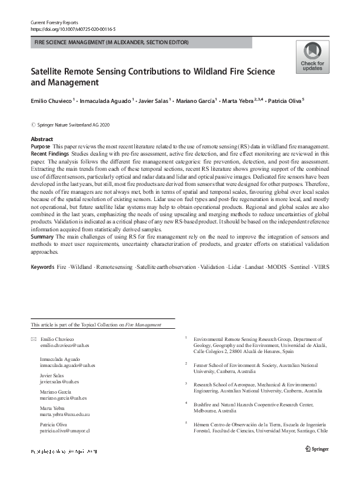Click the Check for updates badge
tap(312, 57)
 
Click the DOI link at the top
tap(73, 28)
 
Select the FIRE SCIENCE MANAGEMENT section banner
tap(112, 42)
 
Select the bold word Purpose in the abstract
tap(41, 147)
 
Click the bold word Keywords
tap(42, 283)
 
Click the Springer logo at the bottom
tap(318, 449)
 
